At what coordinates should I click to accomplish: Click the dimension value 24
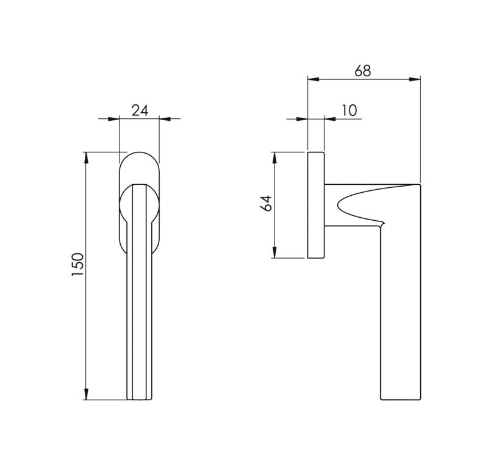[140, 110]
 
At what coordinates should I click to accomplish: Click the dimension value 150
[78, 265]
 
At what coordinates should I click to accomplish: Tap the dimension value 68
[363, 71]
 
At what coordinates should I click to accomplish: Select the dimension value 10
[349, 110]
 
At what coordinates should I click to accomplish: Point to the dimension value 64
[266, 204]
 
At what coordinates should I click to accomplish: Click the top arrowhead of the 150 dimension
[87, 157]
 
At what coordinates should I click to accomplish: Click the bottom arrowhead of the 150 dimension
[87, 394]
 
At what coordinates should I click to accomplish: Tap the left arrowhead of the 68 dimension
[314, 79]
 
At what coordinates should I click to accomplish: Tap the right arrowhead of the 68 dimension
[415, 79]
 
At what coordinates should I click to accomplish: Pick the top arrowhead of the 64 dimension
[274, 158]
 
